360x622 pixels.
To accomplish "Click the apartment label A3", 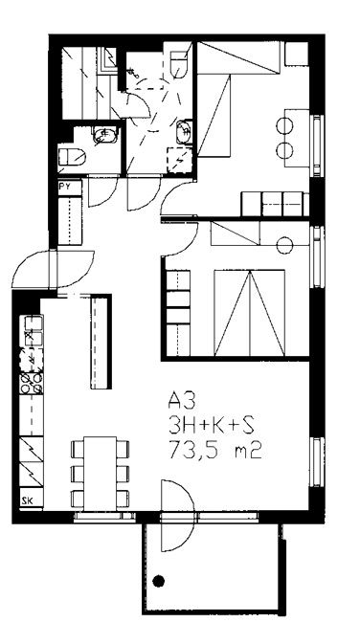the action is tap(182, 401).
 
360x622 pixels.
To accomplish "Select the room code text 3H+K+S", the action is tap(211, 427).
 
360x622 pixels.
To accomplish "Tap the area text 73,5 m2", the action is tap(215, 451).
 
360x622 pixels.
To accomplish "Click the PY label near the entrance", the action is tap(64, 188).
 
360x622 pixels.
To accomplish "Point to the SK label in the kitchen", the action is tap(27, 501).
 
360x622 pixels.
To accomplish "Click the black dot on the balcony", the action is tap(159, 581).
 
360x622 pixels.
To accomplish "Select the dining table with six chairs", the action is tap(100, 474).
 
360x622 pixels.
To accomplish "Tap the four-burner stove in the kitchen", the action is tap(31, 383).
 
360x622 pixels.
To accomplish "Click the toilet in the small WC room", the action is tap(72, 157).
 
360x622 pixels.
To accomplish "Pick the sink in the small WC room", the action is tap(105, 135).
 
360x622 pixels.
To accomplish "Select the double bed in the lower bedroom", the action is tap(249, 313).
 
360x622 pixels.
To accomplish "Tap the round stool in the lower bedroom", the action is tap(284, 245).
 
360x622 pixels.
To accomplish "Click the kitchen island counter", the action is tap(101, 342).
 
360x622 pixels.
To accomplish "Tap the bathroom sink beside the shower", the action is tap(184, 131).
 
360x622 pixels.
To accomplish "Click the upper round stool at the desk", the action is tap(284, 126).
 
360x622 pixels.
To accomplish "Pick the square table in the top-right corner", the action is tap(297, 54).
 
